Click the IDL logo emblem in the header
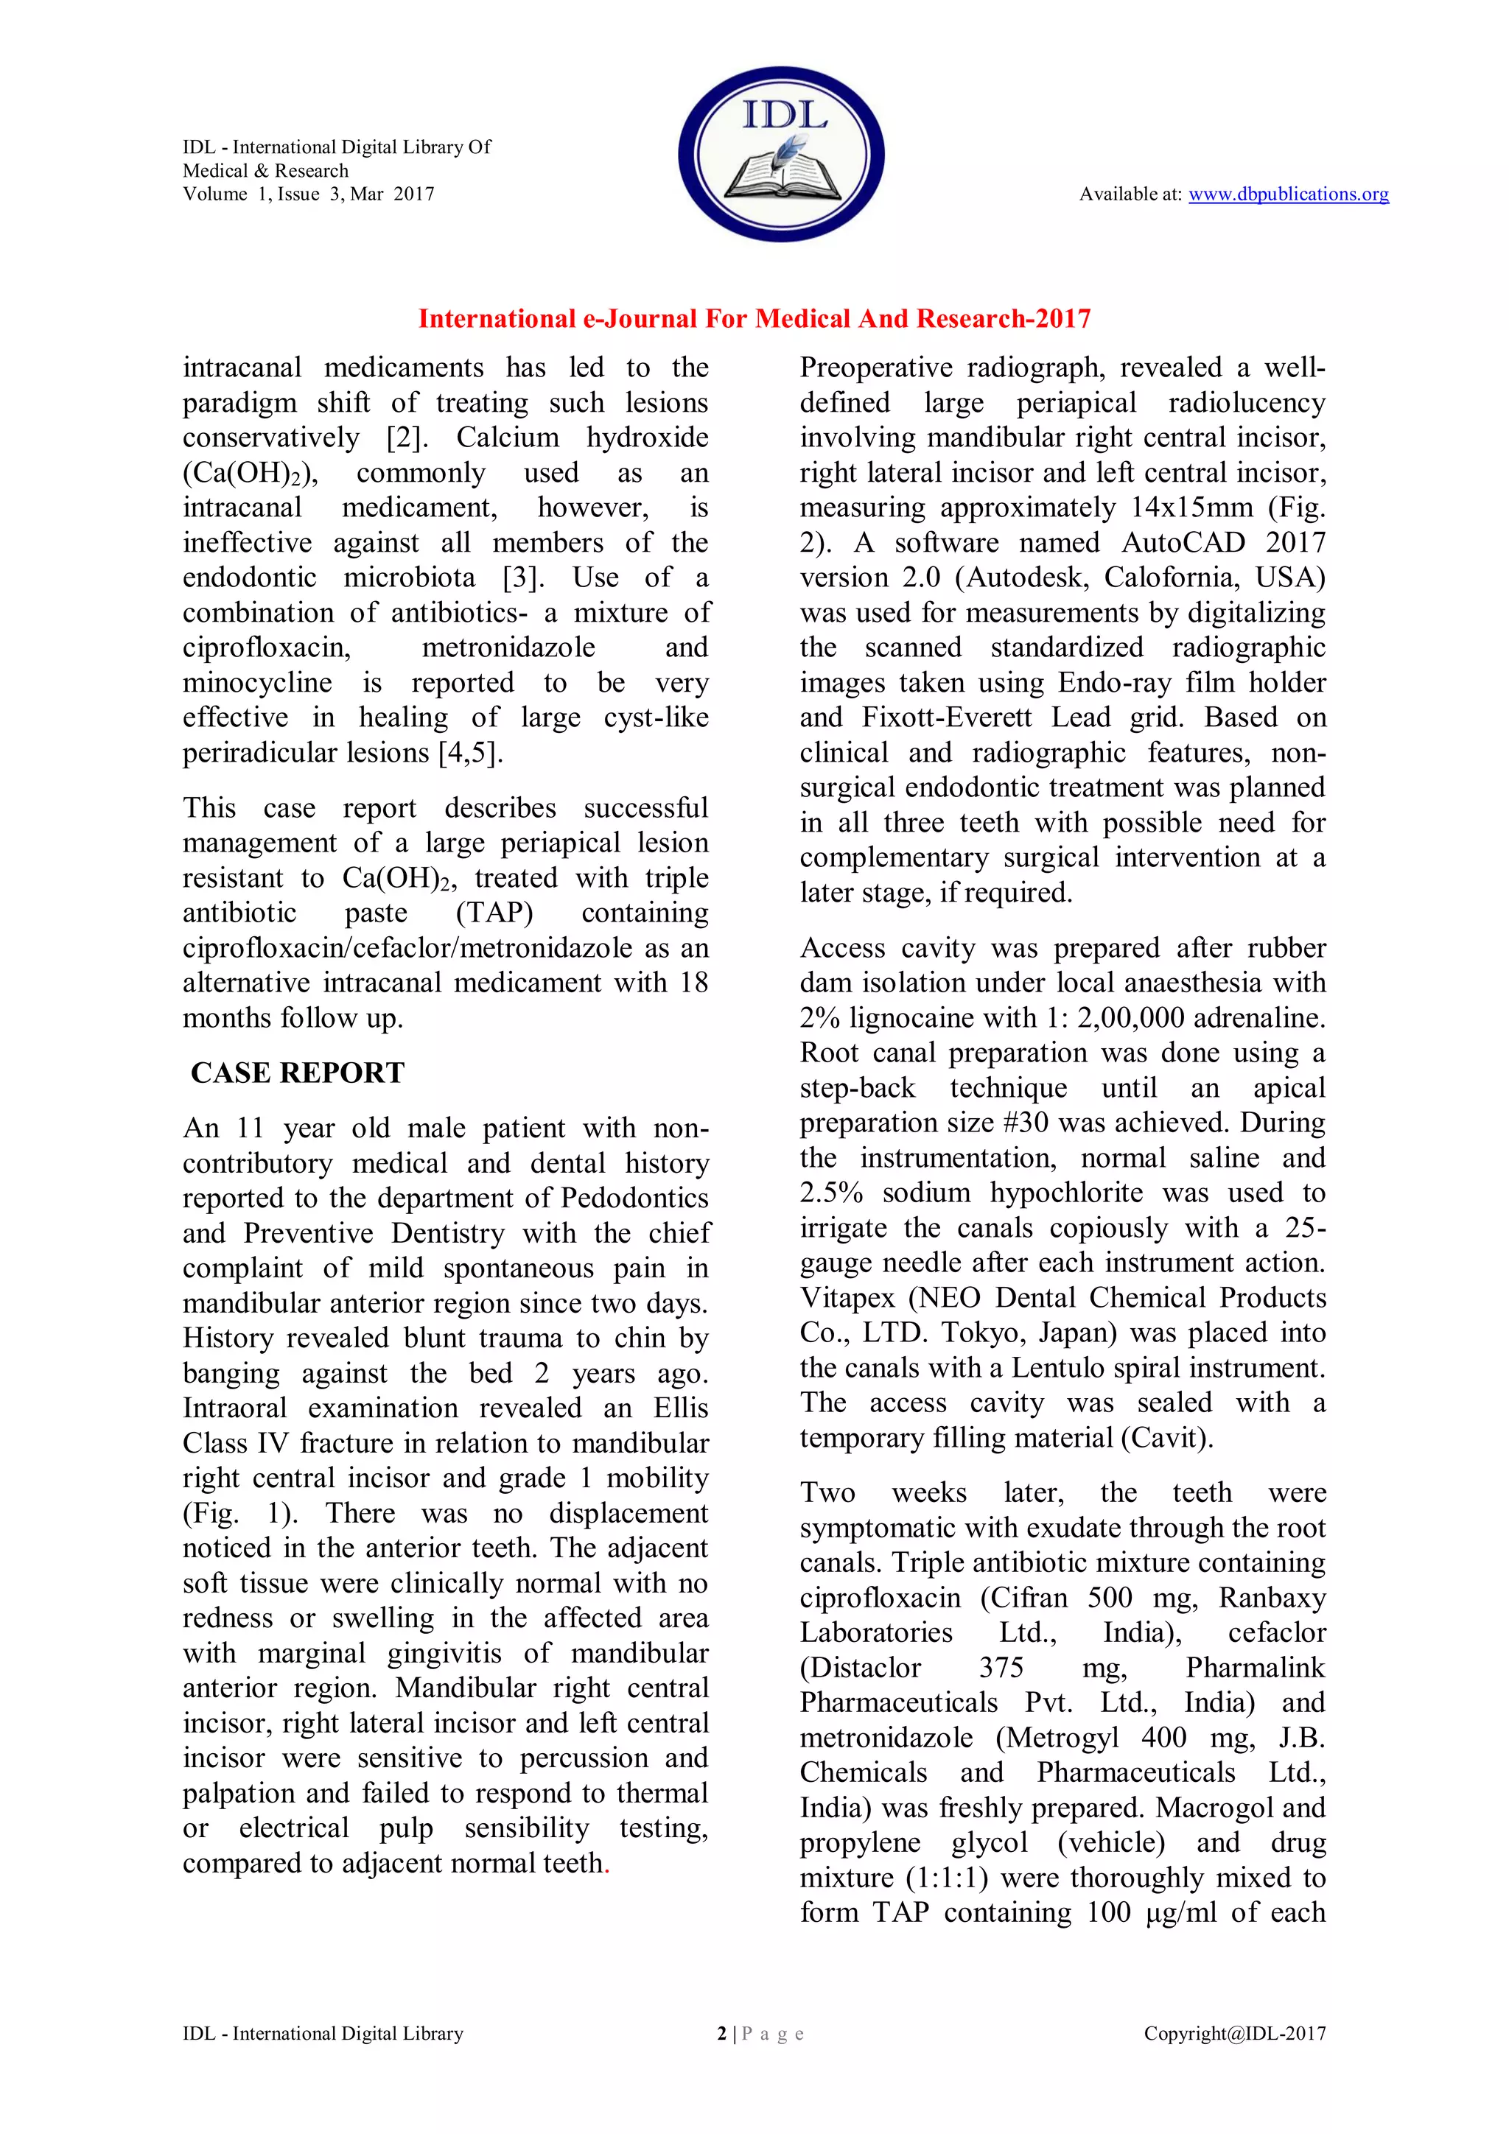coord(781,153)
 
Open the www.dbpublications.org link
coord(1288,194)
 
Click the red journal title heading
coord(754,319)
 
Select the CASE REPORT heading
coord(298,1073)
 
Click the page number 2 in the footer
coord(721,2034)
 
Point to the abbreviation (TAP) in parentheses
coord(494,913)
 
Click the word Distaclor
coord(861,1668)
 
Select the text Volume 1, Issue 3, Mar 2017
coord(308,194)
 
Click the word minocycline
coord(256,683)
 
